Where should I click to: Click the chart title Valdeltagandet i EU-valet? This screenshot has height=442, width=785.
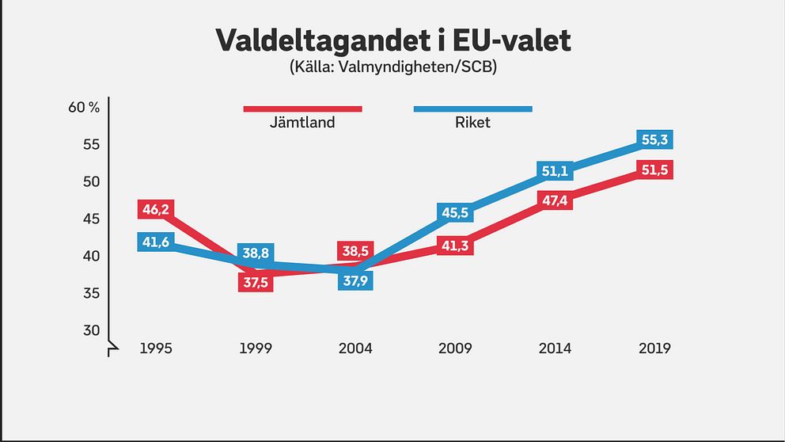(392, 40)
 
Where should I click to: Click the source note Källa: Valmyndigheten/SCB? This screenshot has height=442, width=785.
(392, 68)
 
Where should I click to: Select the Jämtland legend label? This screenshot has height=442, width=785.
(301, 123)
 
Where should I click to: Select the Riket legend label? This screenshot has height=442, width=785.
(472, 123)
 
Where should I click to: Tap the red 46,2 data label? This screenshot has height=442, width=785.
(156, 210)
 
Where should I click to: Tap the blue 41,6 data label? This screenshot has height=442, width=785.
(156, 242)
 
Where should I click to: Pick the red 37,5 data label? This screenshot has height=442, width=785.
(256, 283)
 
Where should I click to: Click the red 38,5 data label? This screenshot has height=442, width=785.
(355, 251)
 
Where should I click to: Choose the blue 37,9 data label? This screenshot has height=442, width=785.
(355, 280)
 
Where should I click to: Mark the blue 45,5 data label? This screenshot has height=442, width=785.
(455, 212)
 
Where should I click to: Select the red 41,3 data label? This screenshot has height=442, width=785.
(455, 246)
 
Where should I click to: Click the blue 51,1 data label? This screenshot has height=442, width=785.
(555, 171)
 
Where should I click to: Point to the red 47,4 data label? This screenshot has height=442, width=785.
(555, 200)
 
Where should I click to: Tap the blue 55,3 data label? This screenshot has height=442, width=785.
(654, 140)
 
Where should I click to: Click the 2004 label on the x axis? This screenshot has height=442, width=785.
(355, 349)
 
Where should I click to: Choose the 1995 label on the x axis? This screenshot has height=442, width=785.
(156, 349)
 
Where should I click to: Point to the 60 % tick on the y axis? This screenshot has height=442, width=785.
(84, 108)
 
